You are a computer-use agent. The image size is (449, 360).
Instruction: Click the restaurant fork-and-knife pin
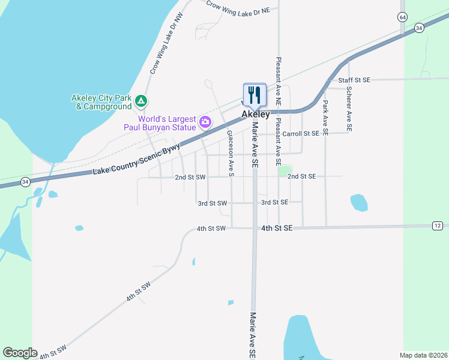point(255,94)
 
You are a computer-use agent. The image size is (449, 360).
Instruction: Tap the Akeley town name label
point(255,114)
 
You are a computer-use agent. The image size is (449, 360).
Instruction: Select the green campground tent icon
point(140,101)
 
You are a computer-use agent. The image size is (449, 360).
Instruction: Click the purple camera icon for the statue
point(205,122)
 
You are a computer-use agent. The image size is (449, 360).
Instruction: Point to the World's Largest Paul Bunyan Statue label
point(160,122)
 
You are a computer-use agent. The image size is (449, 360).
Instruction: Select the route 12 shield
point(437,225)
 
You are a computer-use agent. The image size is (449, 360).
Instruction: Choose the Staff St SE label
point(355,80)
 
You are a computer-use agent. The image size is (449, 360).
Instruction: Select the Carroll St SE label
point(301,133)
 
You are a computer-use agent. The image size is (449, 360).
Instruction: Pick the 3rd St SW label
point(213,203)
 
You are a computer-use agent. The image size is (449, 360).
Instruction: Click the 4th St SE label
point(277,229)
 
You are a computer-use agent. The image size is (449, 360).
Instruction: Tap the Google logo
point(20,353)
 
